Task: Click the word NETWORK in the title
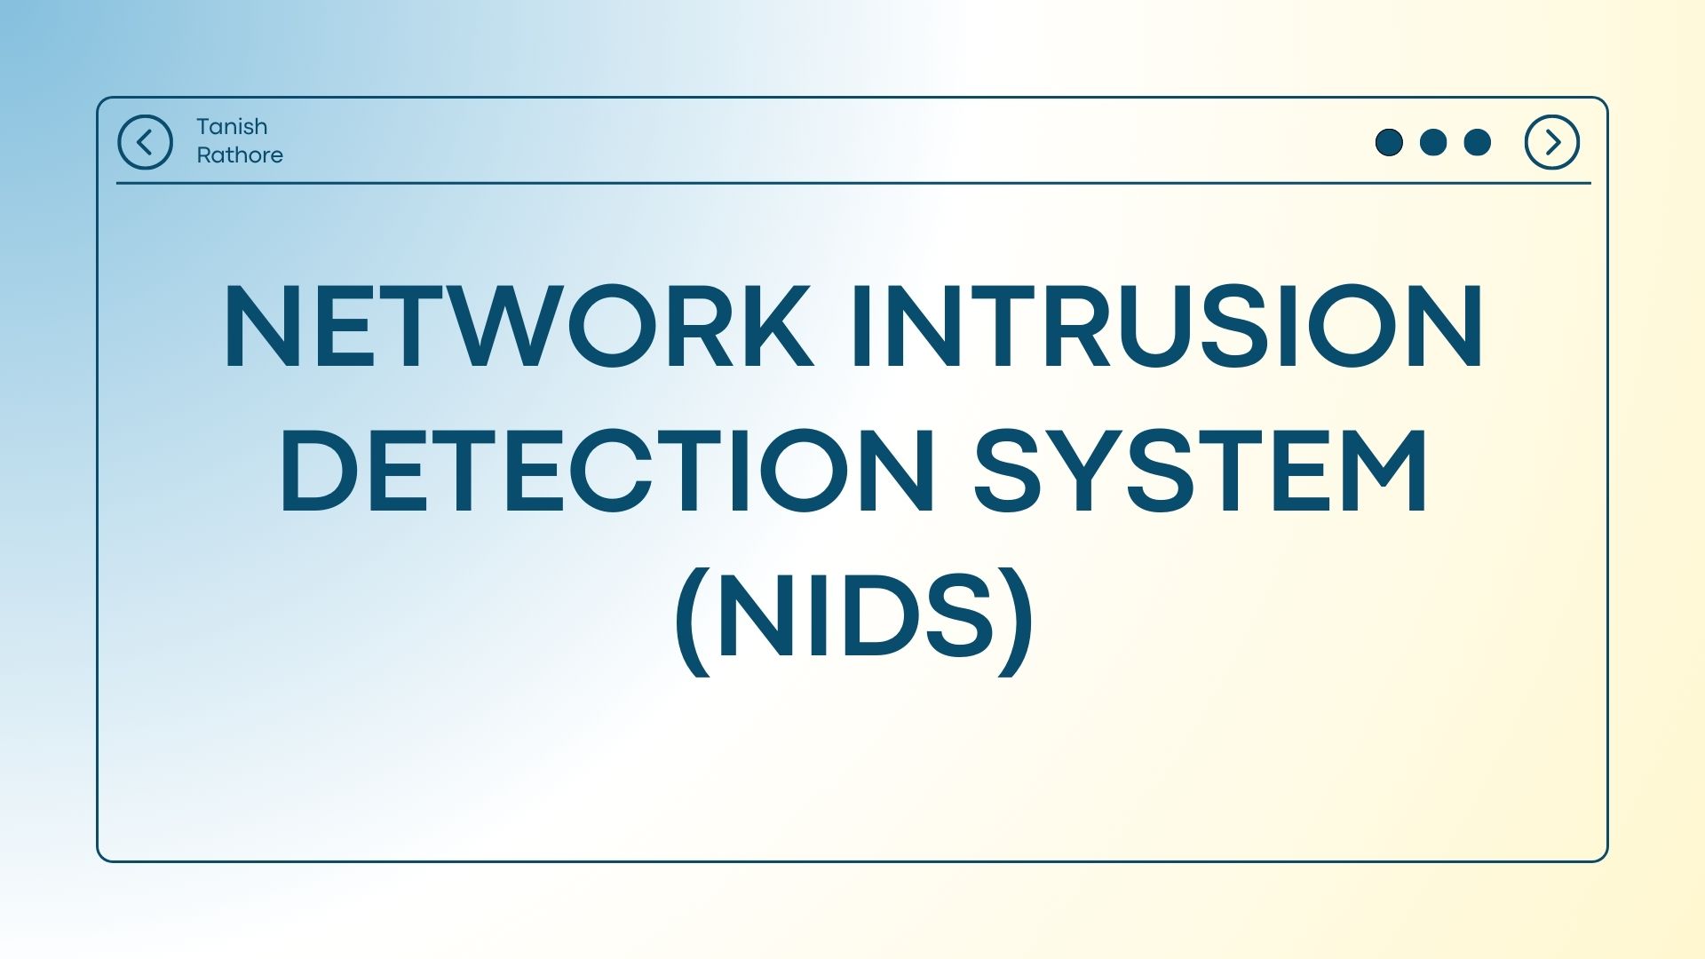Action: pyautogui.click(x=519, y=326)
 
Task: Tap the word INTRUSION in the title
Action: pyautogui.click(x=1167, y=326)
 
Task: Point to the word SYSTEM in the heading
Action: pyautogui.click(x=1201, y=471)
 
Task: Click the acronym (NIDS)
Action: pyautogui.click(x=853, y=620)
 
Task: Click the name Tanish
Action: pyautogui.click(x=232, y=127)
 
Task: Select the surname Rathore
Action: pyautogui.click(x=240, y=155)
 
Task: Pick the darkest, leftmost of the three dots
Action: pyautogui.click(x=1389, y=142)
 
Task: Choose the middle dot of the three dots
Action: pyautogui.click(x=1433, y=142)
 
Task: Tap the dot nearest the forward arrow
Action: pyautogui.click(x=1477, y=142)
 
